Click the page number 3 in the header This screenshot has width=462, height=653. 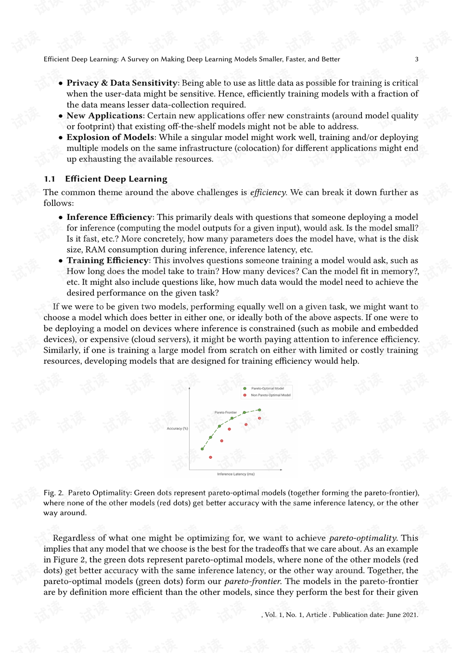tap(417, 59)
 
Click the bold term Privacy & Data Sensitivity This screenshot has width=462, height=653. tap(122, 83)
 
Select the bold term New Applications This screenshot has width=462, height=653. tap(104, 115)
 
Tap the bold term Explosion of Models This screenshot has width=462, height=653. tap(110, 137)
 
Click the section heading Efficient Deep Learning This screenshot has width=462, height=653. tap(116, 179)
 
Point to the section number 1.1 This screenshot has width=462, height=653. tap(50, 179)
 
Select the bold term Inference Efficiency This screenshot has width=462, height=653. tap(109, 217)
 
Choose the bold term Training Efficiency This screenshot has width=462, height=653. tap(107, 260)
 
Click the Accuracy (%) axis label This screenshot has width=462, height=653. tap(177, 428)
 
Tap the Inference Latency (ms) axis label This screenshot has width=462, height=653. tap(236, 474)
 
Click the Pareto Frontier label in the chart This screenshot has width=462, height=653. tap(226, 412)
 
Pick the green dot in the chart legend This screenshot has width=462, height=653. tap(245, 388)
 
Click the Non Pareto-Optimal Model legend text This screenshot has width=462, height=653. tap(270, 395)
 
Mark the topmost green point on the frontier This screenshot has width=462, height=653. tap(259, 410)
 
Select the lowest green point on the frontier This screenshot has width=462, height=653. tap(202, 449)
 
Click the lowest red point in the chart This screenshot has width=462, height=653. tap(210, 457)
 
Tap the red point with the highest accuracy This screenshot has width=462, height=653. tap(259, 418)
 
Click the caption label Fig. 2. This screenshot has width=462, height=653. tap(53, 493)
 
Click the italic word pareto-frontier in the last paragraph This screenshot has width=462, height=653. tap(253, 581)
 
